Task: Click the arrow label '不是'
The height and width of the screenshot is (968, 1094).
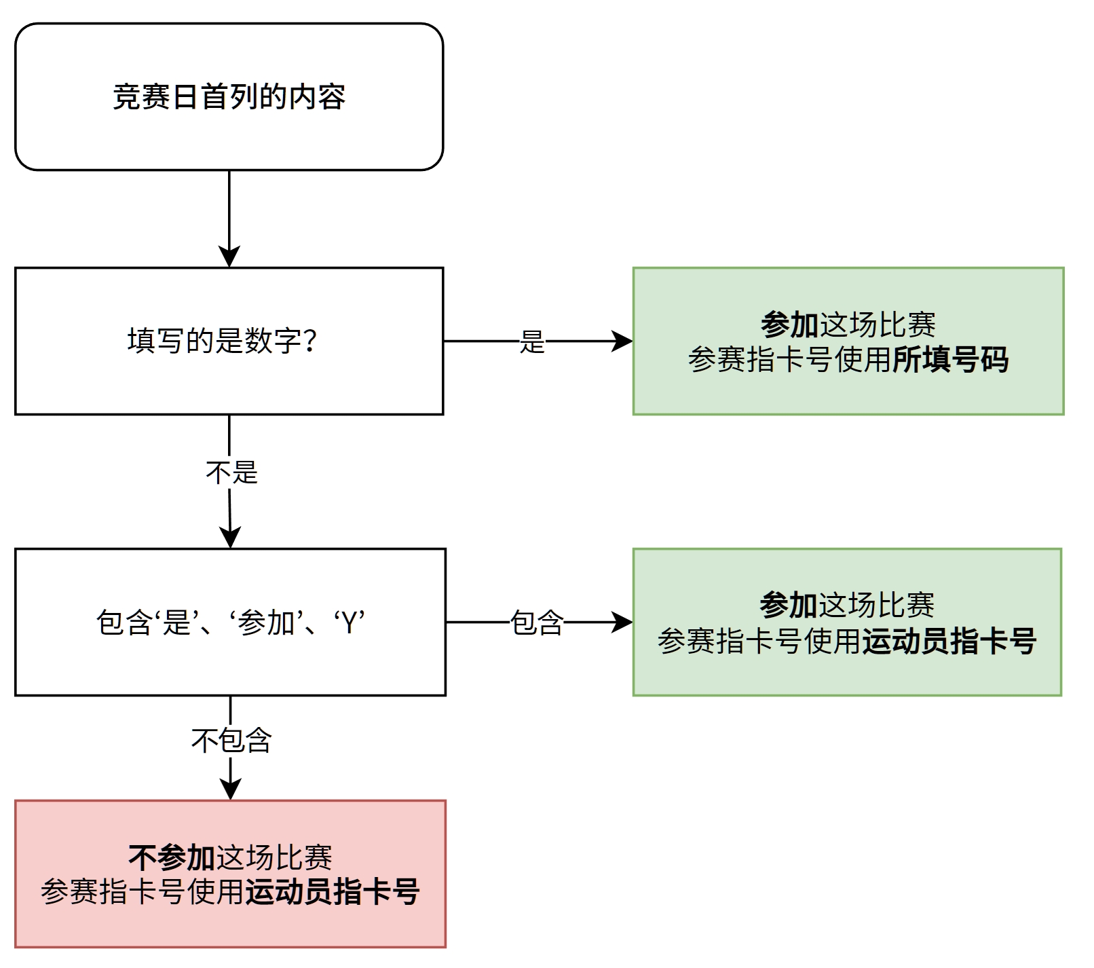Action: tap(231, 472)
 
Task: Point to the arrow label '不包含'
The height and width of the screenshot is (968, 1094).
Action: tap(231, 740)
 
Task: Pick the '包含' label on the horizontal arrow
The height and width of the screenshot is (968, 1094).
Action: tap(537, 622)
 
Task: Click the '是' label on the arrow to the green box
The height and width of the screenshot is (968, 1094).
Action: tap(532, 341)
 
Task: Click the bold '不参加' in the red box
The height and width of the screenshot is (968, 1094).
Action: tap(172, 857)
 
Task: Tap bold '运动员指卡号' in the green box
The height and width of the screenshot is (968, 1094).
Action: tap(949, 641)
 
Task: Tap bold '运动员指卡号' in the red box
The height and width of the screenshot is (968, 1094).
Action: tap(332, 892)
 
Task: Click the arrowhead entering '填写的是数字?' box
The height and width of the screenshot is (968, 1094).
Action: tap(229, 257)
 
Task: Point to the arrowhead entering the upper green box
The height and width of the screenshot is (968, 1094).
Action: tap(622, 341)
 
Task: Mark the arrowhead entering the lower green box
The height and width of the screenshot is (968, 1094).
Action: tap(622, 622)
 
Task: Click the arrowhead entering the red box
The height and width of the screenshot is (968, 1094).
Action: tap(231, 789)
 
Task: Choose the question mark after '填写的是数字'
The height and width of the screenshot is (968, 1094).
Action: tap(310, 341)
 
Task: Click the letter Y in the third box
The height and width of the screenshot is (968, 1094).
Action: tap(350, 622)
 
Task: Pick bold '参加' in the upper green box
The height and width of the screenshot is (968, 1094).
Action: tap(790, 324)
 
